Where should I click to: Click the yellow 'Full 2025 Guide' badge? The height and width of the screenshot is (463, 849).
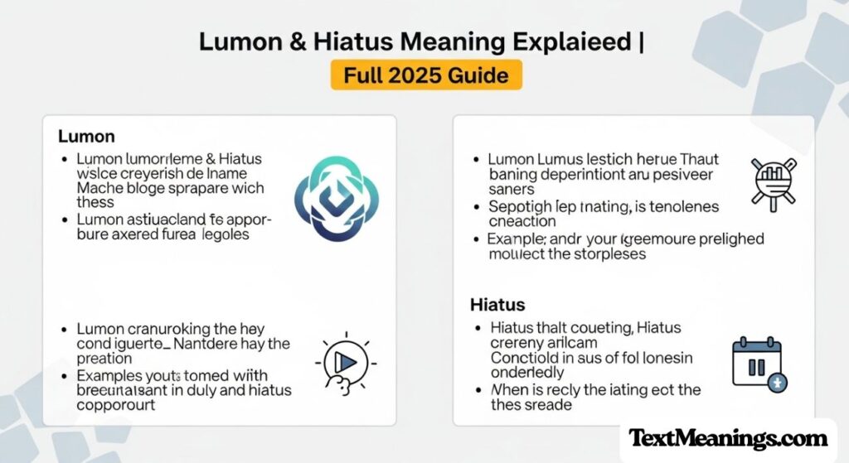[x=426, y=75]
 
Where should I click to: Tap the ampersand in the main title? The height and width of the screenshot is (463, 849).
[x=296, y=42]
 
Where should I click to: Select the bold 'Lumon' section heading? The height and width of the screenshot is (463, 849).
[x=86, y=136]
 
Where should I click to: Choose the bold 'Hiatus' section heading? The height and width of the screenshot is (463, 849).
[x=497, y=305]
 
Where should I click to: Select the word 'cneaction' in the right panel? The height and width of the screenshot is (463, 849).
[x=522, y=221]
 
